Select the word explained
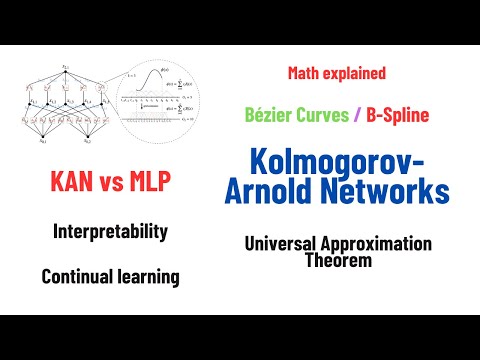355,73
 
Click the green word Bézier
270,115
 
